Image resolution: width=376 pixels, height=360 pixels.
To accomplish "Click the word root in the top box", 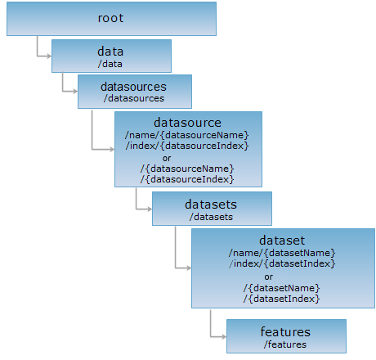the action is (x=110, y=18).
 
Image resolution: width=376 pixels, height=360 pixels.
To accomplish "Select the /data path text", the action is (x=110, y=64).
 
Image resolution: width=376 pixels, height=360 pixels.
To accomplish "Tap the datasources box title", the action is (x=133, y=87).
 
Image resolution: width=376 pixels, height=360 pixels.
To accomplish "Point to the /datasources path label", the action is (x=134, y=98).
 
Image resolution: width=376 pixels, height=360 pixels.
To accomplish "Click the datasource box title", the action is (x=187, y=123).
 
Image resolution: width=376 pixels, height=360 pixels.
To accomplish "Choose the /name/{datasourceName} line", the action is (x=187, y=135).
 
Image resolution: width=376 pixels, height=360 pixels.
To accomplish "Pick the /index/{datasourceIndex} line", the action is (x=187, y=146).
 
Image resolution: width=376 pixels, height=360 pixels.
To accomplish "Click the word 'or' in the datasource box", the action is (x=167, y=158).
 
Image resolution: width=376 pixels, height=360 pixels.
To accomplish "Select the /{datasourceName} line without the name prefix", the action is (x=187, y=169).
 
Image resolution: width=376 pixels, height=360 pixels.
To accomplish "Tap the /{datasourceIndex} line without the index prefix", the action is (x=187, y=179).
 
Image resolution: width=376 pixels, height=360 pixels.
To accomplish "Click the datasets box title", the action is (x=211, y=205).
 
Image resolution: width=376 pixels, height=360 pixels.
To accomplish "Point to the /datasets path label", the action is (x=211, y=217).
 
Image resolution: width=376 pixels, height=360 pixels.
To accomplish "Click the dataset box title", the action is (x=282, y=241).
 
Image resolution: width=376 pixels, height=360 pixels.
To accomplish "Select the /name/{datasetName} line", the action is (x=282, y=253).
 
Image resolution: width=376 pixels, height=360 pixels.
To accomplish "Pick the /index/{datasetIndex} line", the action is (x=282, y=263).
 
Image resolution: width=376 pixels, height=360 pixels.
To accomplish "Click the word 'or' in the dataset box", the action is (x=268, y=277).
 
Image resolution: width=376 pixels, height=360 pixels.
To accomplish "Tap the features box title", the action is (x=285, y=332).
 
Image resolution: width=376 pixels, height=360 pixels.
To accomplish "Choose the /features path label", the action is (x=285, y=344).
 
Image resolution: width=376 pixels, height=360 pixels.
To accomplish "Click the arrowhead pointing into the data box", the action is (x=49, y=56).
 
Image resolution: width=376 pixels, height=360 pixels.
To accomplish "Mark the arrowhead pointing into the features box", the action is (x=224, y=337).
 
